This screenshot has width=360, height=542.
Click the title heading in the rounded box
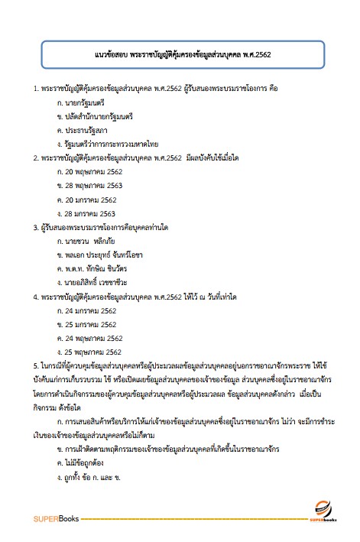pos(180,56)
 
